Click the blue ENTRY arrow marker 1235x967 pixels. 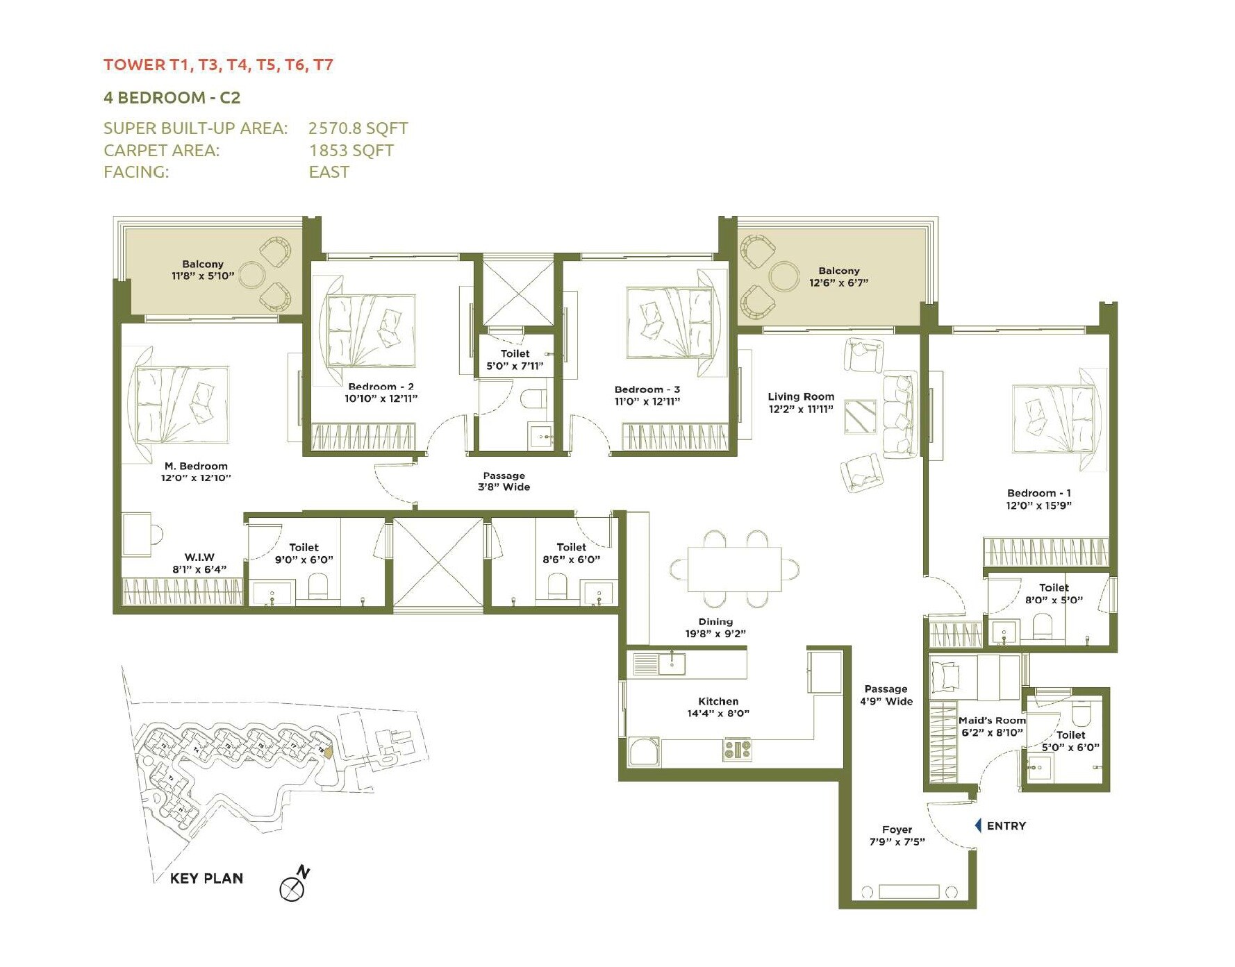[x=978, y=825]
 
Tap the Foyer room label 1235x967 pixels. [x=897, y=830]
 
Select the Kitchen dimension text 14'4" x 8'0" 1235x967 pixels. [x=718, y=714]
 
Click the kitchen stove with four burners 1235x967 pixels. [x=737, y=750]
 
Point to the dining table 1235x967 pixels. [x=734, y=569]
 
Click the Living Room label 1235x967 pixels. [x=801, y=396]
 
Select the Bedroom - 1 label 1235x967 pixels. [x=1038, y=493]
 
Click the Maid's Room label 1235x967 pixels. [x=991, y=721]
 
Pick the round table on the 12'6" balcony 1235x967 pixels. [x=785, y=276]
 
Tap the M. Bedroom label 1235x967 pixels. [x=196, y=466]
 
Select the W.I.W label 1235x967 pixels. [x=199, y=557]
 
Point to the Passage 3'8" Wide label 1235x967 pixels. [x=504, y=481]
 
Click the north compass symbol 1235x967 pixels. [x=293, y=888]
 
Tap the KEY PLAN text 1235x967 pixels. [x=206, y=878]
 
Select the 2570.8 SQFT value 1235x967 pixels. [x=358, y=128]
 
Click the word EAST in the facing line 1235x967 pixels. [x=329, y=172]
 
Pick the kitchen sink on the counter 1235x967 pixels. [x=672, y=664]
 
